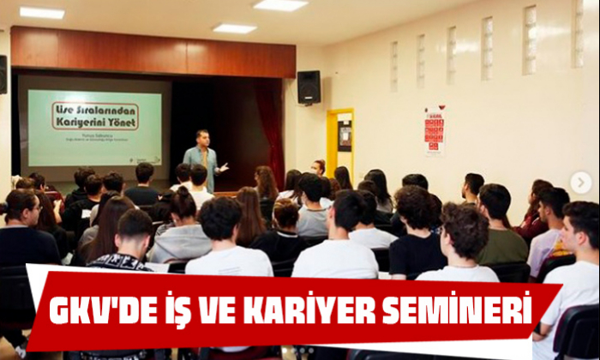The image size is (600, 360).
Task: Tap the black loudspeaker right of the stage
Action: coord(309,87)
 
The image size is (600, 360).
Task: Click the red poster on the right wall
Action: coord(435,130)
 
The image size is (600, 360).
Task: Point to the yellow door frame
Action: coord(328,141)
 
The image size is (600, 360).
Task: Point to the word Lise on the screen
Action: coord(65,109)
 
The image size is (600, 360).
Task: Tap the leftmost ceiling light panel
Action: coord(42,13)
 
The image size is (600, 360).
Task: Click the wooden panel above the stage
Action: coord(154,53)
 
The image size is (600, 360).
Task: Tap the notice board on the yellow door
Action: coord(344,135)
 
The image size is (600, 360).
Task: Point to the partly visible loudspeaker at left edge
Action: coord(3,75)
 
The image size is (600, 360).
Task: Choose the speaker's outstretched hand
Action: coord(225,166)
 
